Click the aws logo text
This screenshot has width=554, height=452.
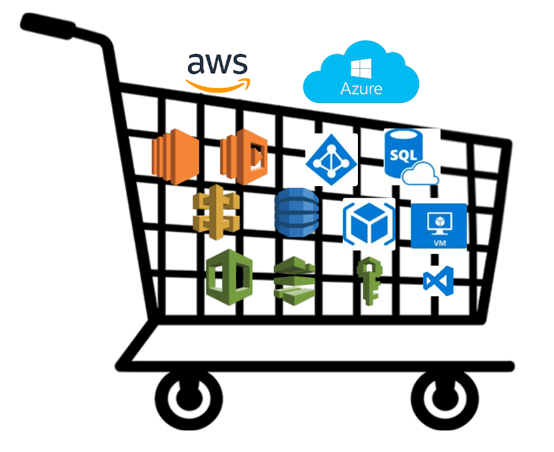click(x=218, y=64)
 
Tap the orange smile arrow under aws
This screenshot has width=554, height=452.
click(x=218, y=86)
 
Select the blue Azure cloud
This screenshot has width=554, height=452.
click(x=361, y=72)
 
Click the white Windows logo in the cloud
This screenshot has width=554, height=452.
click(x=361, y=68)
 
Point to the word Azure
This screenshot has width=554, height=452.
click(x=361, y=89)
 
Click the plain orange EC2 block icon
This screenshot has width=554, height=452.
click(x=175, y=156)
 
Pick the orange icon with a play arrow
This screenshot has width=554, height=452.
click(x=243, y=156)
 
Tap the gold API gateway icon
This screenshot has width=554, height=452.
click(x=216, y=212)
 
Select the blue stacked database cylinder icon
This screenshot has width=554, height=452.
click(x=297, y=212)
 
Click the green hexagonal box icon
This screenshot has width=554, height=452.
click(x=230, y=277)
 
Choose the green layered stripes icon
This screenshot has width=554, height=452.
click(x=294, y=281)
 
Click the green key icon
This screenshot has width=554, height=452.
click(x=369, y=281)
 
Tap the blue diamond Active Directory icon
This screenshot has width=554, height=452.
click(x=331, y=160)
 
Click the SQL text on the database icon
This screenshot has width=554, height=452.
click(x=403, y=155)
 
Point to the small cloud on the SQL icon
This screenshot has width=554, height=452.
click(x=421, y=173)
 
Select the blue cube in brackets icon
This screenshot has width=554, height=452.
click(x=369, y=224)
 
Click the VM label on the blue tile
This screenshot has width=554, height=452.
click(x=440, y=243)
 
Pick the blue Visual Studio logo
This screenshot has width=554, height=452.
click(x=438, y=281)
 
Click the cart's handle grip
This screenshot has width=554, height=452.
click(x=47, y=26)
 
